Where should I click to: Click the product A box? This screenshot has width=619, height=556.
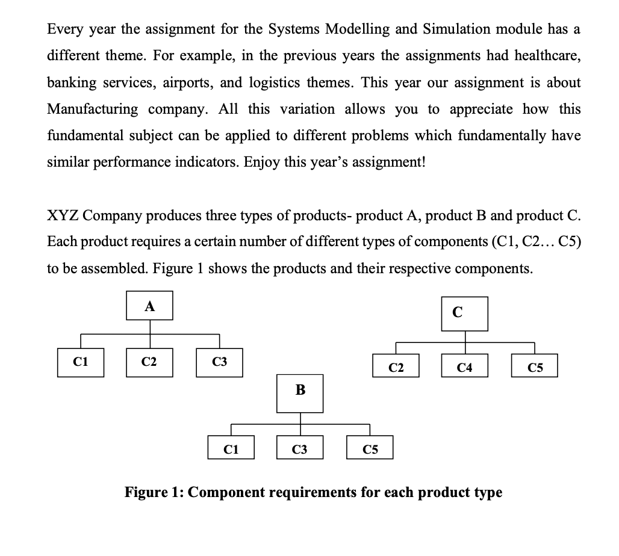tap(150, 305)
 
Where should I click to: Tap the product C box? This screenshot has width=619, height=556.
tap(464, 314)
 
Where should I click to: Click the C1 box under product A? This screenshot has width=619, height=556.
tap(80, 362)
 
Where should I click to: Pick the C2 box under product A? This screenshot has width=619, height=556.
tap(149, 362)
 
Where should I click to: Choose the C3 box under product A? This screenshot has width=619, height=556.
tap(219, 362)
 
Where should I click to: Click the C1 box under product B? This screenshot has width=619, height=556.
tap(231, 448)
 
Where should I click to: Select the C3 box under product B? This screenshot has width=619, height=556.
tap(300, 448)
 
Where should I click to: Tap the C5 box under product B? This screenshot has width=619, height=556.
tap(370, 448)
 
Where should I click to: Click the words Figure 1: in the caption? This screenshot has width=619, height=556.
tap(154, 492)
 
